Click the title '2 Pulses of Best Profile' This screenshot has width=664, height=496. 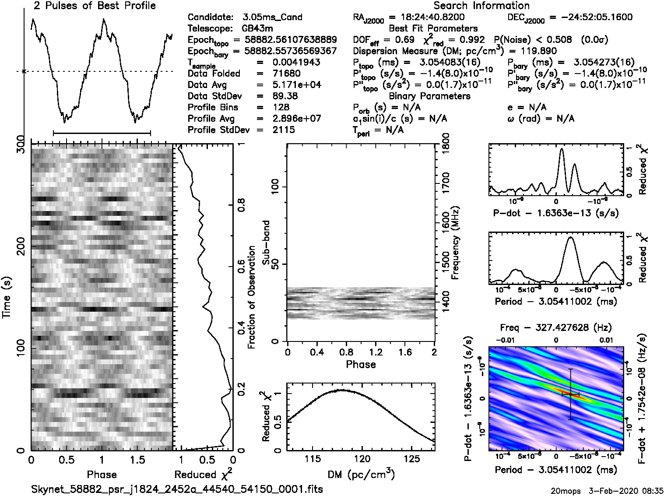(x=95, y=6)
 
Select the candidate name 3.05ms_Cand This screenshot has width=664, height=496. (x=272, y=18)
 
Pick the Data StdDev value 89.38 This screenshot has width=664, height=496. (x=286, y=96)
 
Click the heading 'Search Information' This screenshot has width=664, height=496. (x=481, y=6)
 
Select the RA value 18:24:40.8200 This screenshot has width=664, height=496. (x=427, y=18)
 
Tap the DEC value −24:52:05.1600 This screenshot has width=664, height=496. (x=590, y=18)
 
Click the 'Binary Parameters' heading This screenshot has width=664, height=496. (x=429, y=96)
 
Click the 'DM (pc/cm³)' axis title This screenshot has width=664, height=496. (x=361, y=475)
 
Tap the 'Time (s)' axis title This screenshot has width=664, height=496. (x=7, y=298)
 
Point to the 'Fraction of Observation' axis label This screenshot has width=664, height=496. (x=252, y=298)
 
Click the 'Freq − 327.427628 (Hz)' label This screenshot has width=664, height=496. (x=555, y=327)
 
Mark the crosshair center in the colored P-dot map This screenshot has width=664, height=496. (x=570, y=394)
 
